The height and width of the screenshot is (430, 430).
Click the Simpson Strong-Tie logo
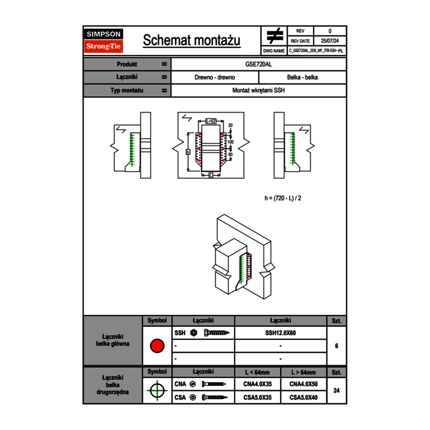[x=104, y=41]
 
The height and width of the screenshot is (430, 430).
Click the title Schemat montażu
[x=192, y=41]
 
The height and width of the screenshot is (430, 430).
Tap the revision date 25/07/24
[x=330, y=41]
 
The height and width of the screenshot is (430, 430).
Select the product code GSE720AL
[x=258, y=64]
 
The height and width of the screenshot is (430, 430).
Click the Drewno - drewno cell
[x=215, y=77]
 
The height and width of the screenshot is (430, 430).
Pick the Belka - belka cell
[x=302, y=77]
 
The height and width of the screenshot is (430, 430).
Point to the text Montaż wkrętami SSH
[x=258, y=90]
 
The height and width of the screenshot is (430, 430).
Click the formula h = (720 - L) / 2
[x=286, y=198]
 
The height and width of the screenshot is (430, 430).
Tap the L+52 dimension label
[x=211, y=120]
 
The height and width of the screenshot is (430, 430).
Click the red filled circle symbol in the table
[x=157, y=346]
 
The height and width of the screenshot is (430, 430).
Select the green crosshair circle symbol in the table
[x=157, y=390]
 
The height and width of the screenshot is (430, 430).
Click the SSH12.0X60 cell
[x=280, y=333]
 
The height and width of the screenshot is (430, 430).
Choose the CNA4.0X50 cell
[x=303, y=384]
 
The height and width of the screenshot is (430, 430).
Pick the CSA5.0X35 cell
[x=258, y=397]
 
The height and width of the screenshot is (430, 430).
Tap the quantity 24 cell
[x=336, y=390]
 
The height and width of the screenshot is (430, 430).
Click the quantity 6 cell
[x=336, y=346]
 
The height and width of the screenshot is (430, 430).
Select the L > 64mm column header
[x=303, y=372]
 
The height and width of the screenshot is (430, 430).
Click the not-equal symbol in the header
[x=275, y=36]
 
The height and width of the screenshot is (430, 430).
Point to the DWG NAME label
[x=274, y=51]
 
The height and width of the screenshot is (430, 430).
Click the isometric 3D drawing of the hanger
[x=239, y=259]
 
